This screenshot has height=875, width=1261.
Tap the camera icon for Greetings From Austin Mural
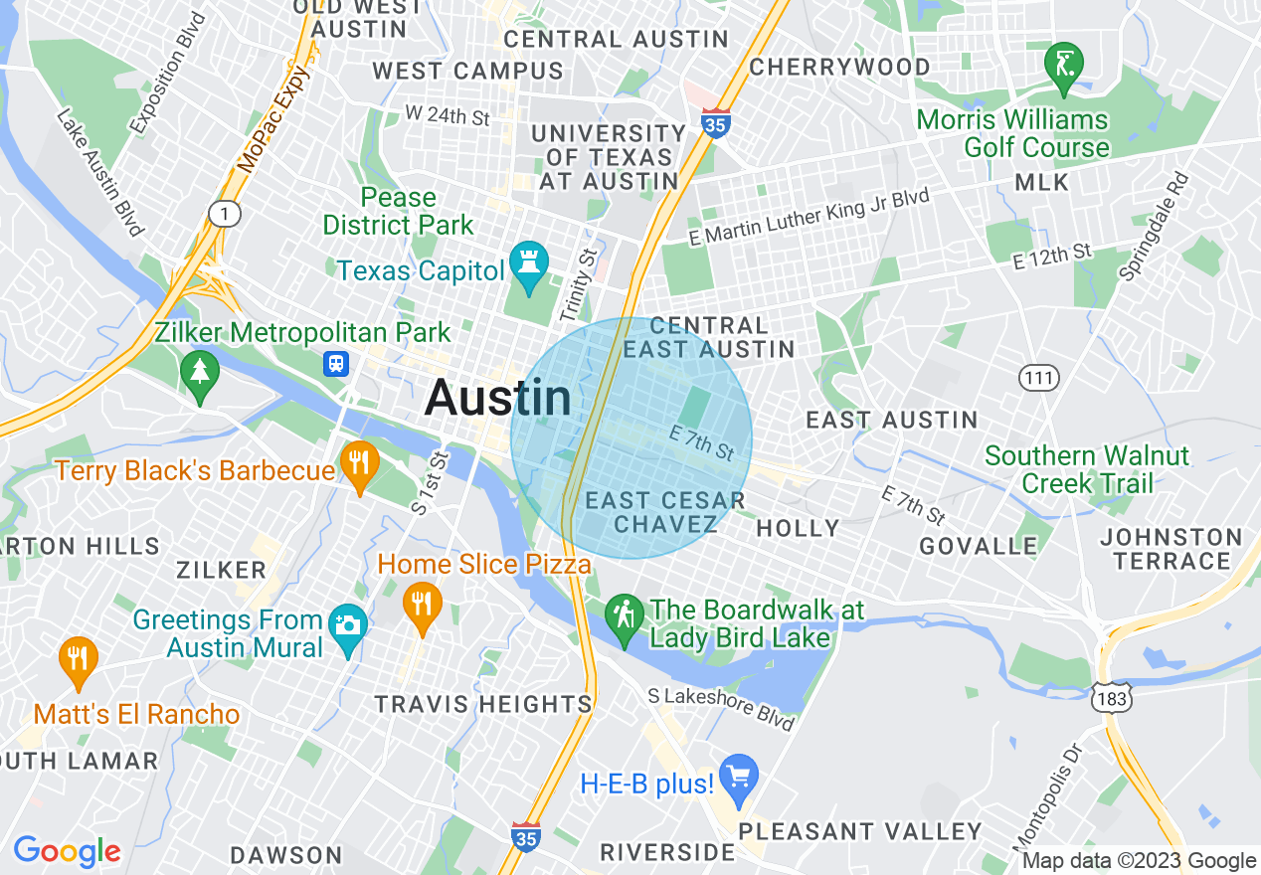[x=347, y=625]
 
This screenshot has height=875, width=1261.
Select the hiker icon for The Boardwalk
[x=625, y=616]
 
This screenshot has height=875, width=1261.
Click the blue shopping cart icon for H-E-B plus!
[x=739, y=776]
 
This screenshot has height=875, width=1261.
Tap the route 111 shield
[x=1039, y=377]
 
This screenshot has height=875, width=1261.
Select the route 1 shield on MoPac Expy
[x=225, y=212]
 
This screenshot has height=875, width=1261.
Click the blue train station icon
[x=337, y=364]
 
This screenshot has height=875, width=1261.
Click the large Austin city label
[x=497, y=399]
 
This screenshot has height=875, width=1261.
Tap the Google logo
[x=67, y=851]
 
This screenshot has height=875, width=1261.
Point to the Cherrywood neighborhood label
[x=839, y=67]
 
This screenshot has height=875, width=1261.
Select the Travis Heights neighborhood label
[x=483, y=704]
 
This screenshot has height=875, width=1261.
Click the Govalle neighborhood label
[x=979, y=546]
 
